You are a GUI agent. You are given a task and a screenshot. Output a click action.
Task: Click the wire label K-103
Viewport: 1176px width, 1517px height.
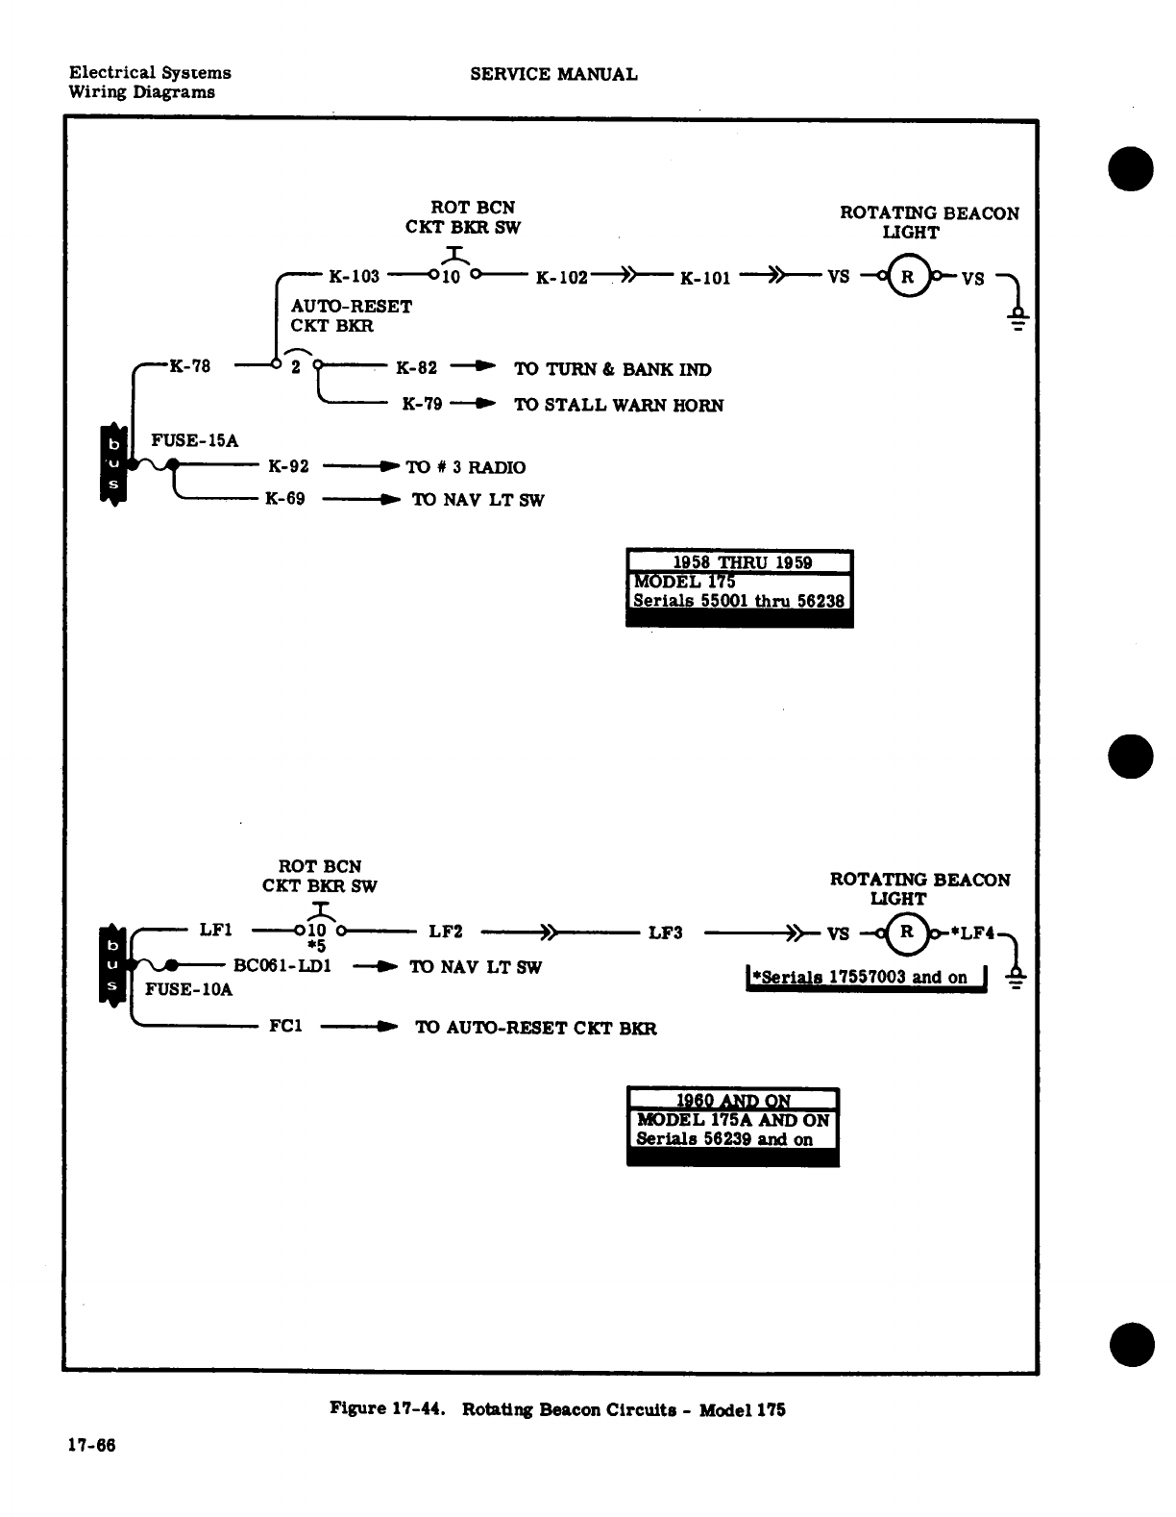[x=354, y=277]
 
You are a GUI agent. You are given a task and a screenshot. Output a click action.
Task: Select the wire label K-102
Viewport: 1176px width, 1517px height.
[x=561, y=278]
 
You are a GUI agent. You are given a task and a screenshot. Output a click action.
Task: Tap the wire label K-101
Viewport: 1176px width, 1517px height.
[x=705, y=279]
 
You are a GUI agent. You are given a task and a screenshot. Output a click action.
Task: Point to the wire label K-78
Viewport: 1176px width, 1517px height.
[x=189, y=365]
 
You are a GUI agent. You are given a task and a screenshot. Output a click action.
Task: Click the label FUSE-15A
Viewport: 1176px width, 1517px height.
[x=194, y=440]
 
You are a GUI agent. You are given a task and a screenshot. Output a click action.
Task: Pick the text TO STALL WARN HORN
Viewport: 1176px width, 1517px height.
[x=619, y=405]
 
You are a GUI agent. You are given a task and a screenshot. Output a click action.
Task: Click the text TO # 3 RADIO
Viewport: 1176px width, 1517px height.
[x=466, y=467]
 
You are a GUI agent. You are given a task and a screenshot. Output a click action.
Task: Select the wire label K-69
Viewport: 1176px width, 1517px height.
[x=285, y=499]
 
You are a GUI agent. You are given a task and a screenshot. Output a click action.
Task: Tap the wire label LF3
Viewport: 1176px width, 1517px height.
[x=665, y=933]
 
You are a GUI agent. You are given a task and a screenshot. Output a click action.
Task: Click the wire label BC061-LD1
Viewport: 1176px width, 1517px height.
[x=282, y=966]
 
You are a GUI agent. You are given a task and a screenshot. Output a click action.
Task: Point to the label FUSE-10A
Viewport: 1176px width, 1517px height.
[x=188, y=989]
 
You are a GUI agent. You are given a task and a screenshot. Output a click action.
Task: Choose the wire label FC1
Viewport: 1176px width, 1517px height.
[x=285, y=1027]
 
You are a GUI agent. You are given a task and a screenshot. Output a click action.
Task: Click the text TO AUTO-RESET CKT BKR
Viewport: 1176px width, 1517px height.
[x=535, y=1028]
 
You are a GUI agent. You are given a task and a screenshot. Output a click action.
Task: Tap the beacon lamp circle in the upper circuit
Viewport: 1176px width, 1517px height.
[x=907, y=277]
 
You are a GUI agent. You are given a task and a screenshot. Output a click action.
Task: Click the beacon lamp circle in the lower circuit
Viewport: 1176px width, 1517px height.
[x=906, y=932]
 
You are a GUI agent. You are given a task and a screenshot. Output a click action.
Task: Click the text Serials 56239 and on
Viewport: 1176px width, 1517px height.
[x=724, y=1139]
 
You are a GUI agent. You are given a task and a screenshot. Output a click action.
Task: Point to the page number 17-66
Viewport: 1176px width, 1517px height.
[x=91, y=1445]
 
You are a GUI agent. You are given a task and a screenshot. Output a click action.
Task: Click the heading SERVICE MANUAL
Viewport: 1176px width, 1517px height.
[x=553, y=74]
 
